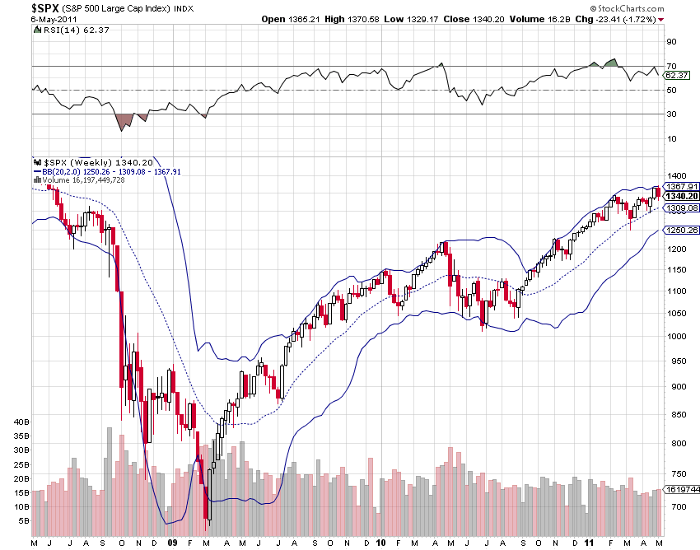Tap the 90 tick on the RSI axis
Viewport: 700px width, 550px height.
(x=672, y=42)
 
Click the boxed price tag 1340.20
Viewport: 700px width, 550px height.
(x=682, y=196)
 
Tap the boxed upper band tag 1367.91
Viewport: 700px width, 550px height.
(x=682, y=186)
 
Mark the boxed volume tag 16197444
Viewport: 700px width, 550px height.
(x=682, y=489)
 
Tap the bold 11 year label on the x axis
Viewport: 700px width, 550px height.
(x=587, y=543)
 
